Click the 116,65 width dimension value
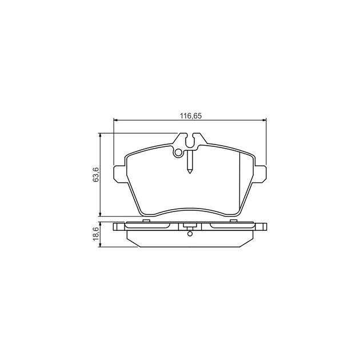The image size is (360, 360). pos(190,116)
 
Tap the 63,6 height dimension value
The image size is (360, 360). pos(95,174)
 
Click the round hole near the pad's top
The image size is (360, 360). pos(178,153)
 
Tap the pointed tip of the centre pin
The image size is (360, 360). pos(190,173)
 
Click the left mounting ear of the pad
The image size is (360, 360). pos(120,174)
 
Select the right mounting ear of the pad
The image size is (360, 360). pos(259,174)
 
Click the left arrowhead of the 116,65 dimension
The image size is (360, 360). pos(115,120)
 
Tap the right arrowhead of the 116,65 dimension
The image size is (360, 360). pos(264,120)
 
